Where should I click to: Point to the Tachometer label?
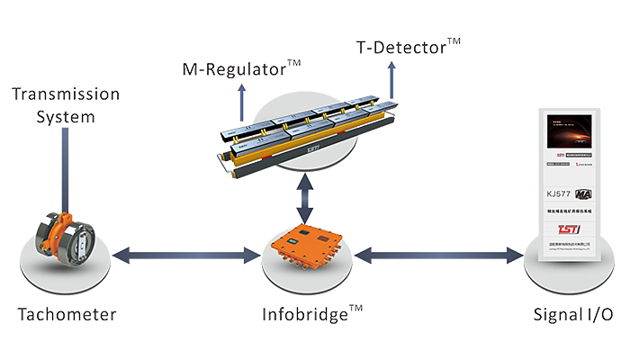point(66,316)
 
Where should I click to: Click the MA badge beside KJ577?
point(583,193)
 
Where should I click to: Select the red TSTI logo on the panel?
point(568,228)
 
